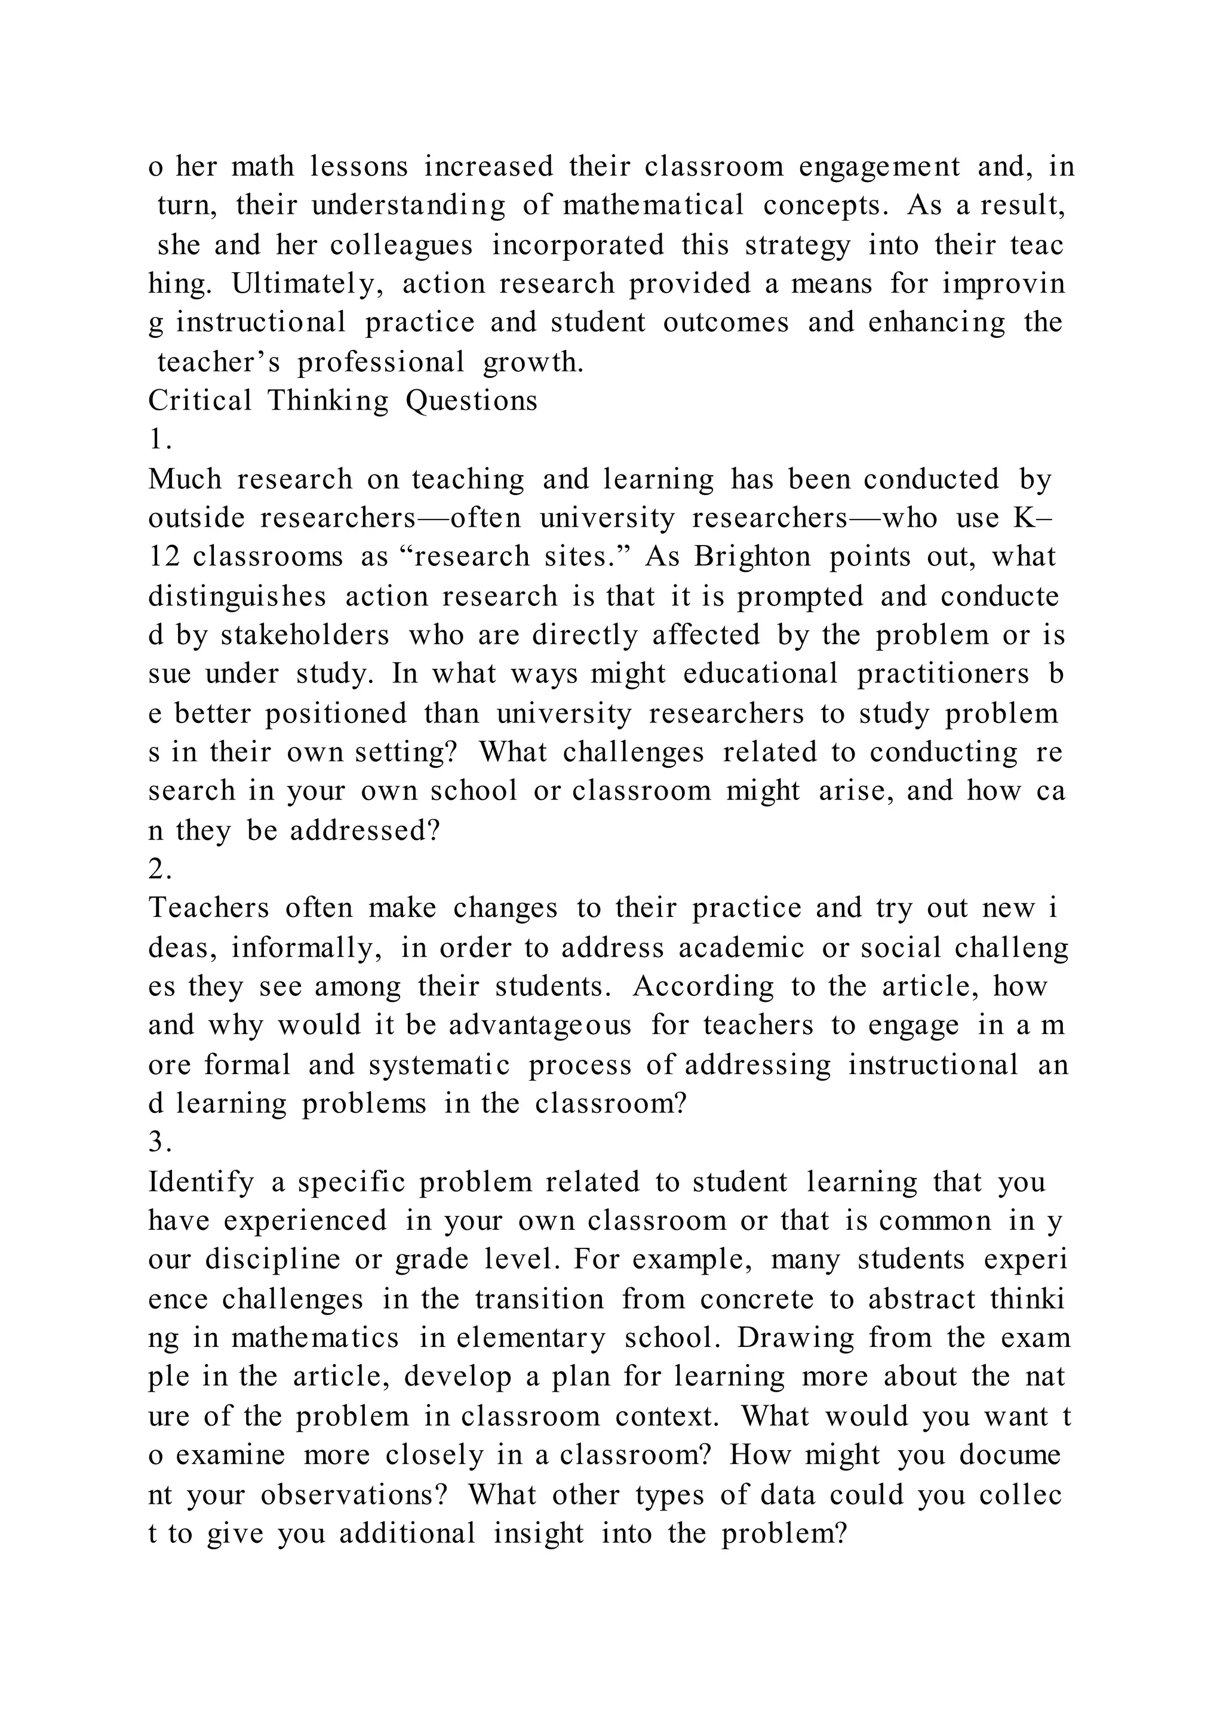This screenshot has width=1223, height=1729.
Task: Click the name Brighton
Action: (752, 556)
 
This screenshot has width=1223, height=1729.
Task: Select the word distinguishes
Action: (237, 596)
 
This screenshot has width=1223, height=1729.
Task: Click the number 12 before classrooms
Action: (164, 556)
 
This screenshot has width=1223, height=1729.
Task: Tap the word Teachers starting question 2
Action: (208, 907)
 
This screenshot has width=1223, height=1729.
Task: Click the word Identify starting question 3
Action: (201, 1182)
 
